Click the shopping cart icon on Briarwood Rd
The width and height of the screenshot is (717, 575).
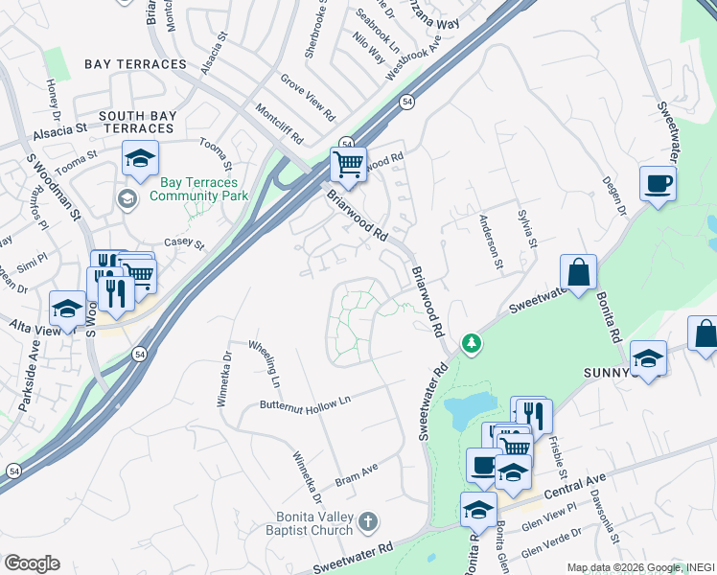pos(348,164)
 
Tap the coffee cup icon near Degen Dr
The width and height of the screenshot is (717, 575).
pos(658,183)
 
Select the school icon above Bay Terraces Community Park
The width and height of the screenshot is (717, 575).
pos(140,159)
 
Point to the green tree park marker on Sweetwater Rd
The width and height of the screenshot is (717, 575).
pos(471,342)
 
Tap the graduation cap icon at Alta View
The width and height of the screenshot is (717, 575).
pos(67,309)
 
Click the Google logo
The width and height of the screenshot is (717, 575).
pos(32,563)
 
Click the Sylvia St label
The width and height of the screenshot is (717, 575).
pos(528,229)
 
